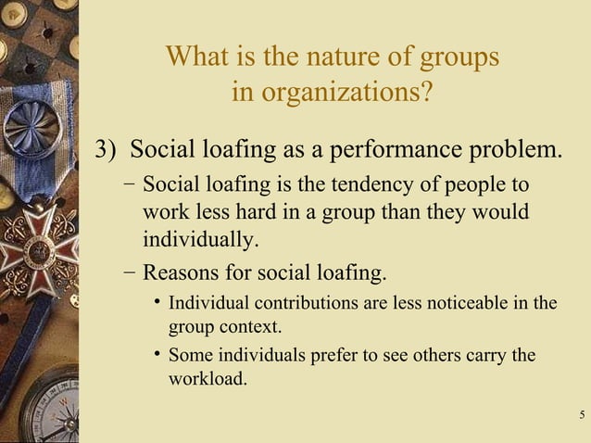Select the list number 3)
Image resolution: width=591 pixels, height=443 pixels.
coord(110,149)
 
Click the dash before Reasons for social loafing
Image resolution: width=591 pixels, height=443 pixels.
coord(129,272)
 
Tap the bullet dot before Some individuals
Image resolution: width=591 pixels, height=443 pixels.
coord(158,354)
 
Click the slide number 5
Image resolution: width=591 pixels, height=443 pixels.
coord(580,413)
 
